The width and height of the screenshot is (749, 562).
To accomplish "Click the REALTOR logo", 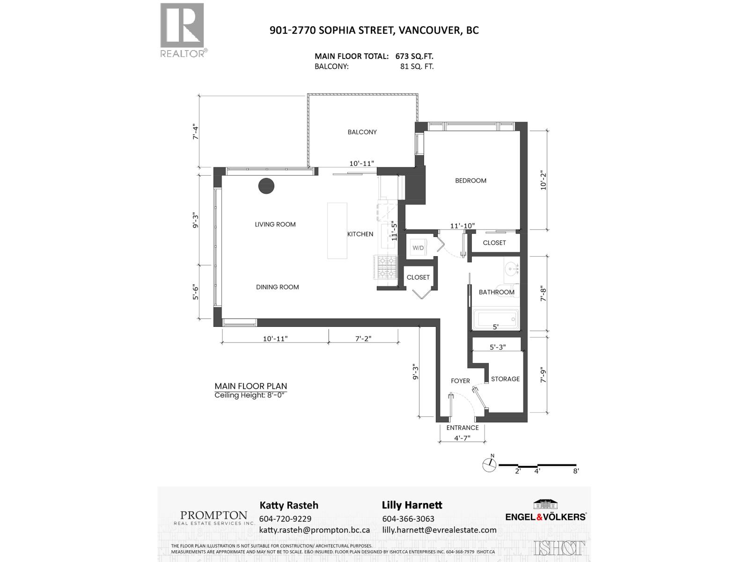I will click(x=183, y=30).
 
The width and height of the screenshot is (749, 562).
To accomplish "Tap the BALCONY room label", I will click(x=362, y=132).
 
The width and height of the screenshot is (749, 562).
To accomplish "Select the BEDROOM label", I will click(x=470, y=181).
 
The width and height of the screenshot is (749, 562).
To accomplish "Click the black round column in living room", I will click(x=266, y=186).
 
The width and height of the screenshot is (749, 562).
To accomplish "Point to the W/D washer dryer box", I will click(x=418, y=248).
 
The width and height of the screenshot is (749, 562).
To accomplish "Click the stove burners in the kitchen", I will click(x=385, y=267).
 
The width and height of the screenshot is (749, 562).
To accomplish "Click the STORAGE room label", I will click(x=505, y=379).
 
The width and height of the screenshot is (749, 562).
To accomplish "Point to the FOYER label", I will click(x=460, y=381).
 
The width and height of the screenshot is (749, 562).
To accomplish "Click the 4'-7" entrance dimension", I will click(x=462, y=438).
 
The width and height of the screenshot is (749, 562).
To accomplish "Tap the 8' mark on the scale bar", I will click(x=576, y=471).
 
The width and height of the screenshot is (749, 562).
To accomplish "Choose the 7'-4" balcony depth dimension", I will click(x=196, y=132).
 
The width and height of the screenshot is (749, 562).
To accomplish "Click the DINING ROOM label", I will click(x=277, y=287).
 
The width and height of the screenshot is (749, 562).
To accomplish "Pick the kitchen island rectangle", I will click(x=337, y=230).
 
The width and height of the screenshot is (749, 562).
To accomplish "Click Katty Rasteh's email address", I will click(x=314, y=530).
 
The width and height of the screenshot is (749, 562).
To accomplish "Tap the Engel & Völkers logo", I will click(x=545, y=510).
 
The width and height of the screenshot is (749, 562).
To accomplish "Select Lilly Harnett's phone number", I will click(x=408, y=519).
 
